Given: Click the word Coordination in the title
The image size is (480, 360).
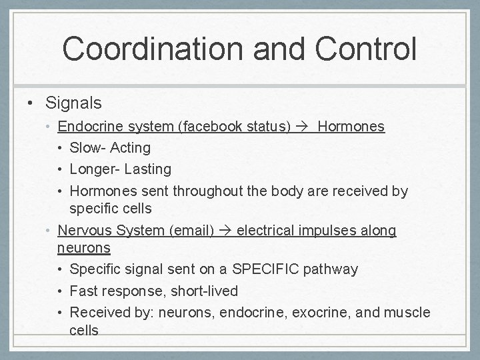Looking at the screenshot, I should pyautogui.click(x=149, y=48).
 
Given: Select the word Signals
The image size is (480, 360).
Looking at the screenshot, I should pyautogui.click(x=73, y=103).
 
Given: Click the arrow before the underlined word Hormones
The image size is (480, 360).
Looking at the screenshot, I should pyautogui.click(x=303, y=127).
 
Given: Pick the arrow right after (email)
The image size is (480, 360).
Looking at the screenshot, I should pyautogui.click(x=225, y=231).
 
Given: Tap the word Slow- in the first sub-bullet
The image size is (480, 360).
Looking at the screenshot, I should pyautogui.click(x=87, y=147).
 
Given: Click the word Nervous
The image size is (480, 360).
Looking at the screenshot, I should pyautogui.click(x=85, y=231).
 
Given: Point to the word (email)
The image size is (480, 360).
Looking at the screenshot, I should pyautogui.click(x=192, y=231).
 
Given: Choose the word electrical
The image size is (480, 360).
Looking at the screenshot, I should pyautogui.click(x=264, y=231).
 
